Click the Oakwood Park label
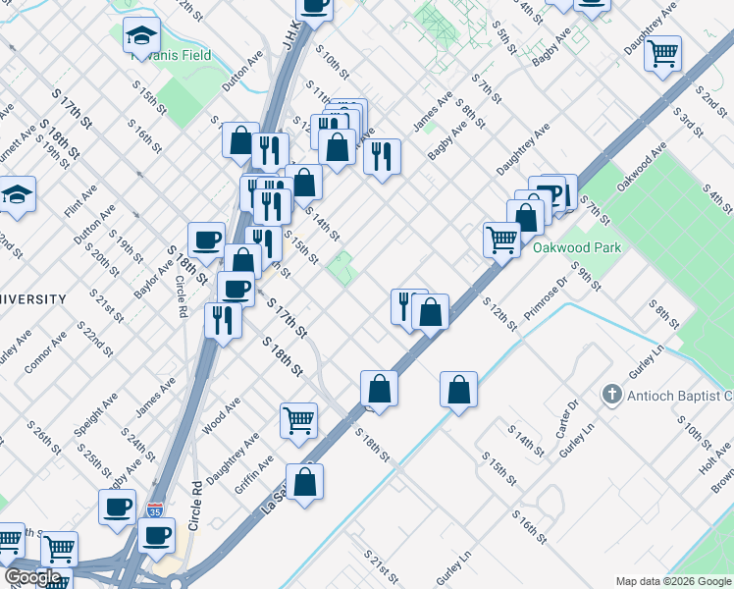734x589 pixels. click(x=576, y=248)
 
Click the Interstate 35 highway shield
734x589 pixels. click(x=155, y=510)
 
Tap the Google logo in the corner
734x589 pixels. click(x=32, y=577)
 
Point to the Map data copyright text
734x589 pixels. click(x=672, y=581)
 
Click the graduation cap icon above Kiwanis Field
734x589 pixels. click(x=141, y=36)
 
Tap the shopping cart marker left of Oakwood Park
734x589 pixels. click(x=501, y=239)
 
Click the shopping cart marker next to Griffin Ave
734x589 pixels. click(x=299, y=420)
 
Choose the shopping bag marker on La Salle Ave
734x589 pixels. click(x=305, y=482)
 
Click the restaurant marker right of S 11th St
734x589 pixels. click(x=382, y=154)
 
